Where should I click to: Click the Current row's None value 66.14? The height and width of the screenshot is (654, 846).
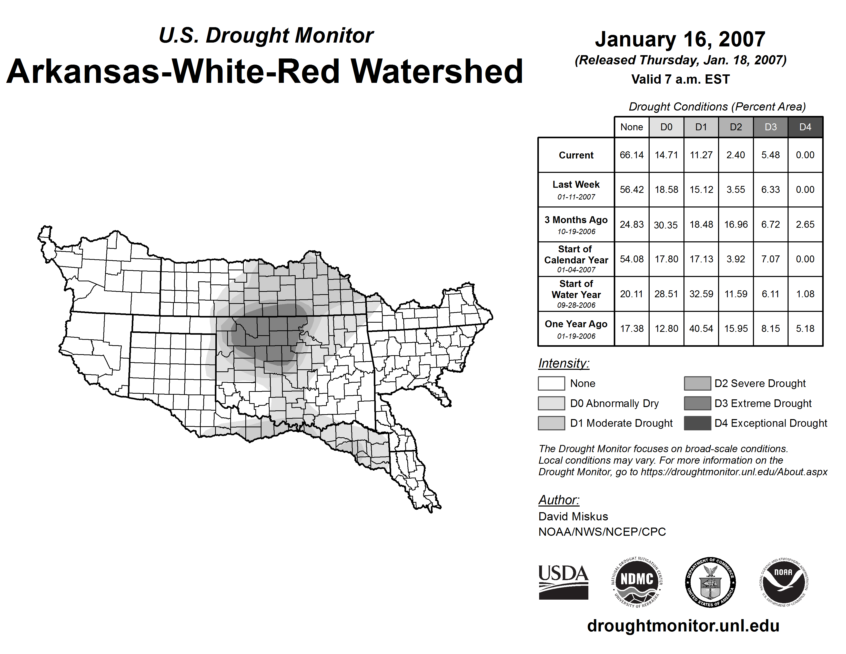click(631, 155)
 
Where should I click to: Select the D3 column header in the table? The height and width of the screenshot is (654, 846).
click(770, 127)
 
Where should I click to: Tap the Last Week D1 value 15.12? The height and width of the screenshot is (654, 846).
click(701, 190)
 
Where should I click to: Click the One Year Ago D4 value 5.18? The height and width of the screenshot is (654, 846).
click(805, 329)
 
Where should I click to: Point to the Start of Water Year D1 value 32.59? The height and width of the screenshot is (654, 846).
click(701, 294)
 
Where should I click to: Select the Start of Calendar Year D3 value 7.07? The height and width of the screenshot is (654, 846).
click(770, 259)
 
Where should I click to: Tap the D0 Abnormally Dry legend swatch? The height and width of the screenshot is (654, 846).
click(551, 403)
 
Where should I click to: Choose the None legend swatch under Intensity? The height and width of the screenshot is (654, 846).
click(551, 383)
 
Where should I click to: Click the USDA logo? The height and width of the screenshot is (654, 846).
click(563, 582)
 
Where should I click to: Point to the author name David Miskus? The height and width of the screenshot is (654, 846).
click(573, 517)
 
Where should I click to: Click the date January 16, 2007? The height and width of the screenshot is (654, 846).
click(680, 39)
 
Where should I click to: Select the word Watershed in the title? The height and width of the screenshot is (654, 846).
click(437, 72)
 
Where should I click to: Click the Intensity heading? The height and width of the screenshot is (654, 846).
click(563, 363)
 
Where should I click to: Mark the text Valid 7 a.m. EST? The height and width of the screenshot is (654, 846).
click(680, 80)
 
